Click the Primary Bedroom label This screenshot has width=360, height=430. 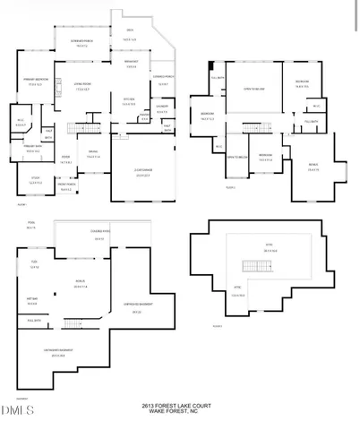[x=35, y=82]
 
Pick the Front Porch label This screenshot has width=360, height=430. [x=66, y=188]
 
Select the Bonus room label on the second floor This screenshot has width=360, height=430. [x=313, y=167]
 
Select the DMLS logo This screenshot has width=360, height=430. [x=16, y=411]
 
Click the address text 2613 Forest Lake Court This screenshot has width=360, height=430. [x=179, y=405]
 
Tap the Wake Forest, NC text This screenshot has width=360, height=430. [x=179, y=411]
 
